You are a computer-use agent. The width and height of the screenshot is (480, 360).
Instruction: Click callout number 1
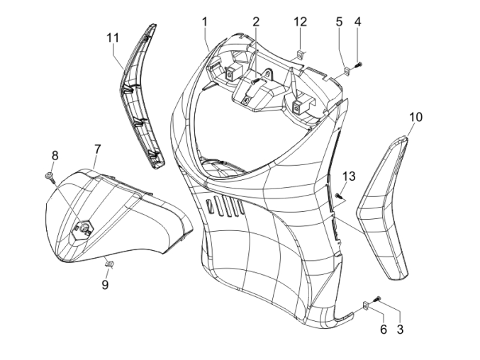click(204, 21)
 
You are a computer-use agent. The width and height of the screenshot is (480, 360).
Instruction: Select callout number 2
click(255, 21)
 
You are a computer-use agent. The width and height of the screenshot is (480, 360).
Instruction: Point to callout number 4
click(357, 21)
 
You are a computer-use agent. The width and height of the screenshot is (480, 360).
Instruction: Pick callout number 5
click(340, 21)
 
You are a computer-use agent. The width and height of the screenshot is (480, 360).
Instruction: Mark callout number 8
click(55, 155)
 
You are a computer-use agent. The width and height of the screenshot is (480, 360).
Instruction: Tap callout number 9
click(104, 284)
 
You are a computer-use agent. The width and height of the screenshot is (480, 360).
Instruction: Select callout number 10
click(415, 116)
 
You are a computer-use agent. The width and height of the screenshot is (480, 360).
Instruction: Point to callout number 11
click(113, 37)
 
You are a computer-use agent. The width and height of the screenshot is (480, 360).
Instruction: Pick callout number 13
click(348, 176)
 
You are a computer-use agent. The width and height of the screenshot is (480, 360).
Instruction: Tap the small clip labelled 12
click(301, 52)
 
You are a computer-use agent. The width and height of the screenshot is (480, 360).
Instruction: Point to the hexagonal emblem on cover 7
click(86, 227)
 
